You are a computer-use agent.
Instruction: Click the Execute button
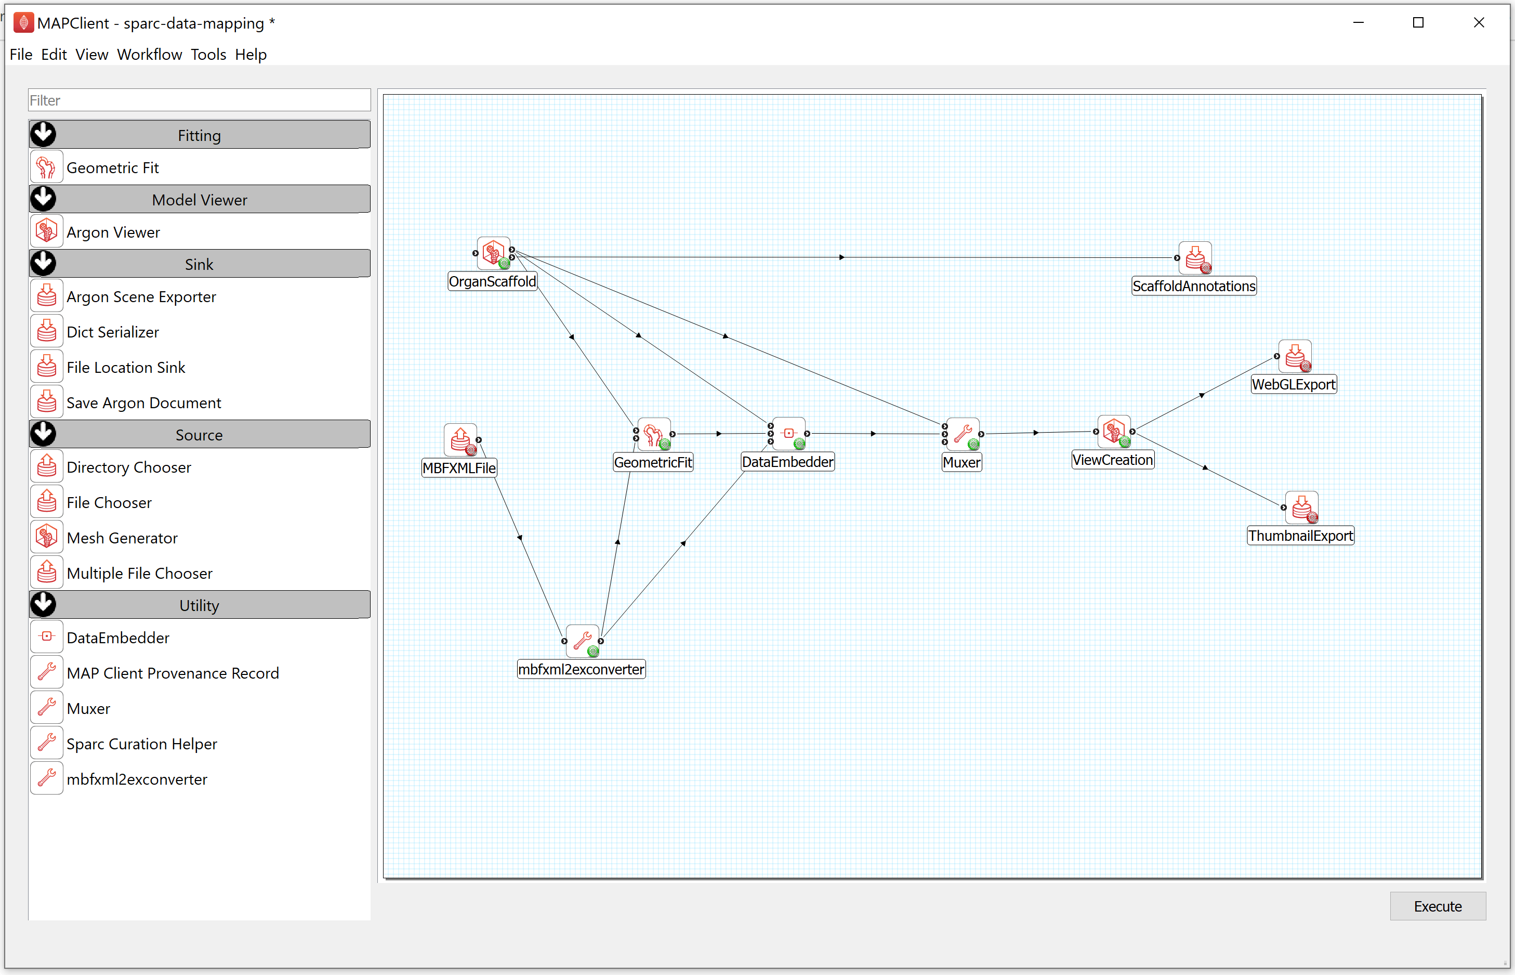(1437, 906)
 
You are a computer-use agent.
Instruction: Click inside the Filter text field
(200, 100)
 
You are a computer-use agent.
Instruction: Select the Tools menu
(208, 55)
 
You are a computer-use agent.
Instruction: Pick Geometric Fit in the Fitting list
(113, 168)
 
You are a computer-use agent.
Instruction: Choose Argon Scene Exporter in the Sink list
(141, 297)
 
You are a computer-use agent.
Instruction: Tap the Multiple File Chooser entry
(139, 573)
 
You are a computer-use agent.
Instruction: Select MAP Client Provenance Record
(173, 673)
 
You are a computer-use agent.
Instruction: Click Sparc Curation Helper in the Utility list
(142, 744)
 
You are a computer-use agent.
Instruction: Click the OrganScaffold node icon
(494, 254)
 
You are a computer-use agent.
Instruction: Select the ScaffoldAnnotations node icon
(1195, 258)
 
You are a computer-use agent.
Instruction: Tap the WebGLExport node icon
(1294, 356)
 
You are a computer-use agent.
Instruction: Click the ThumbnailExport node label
(1300, 536)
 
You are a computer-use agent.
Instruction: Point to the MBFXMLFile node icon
(460, 440)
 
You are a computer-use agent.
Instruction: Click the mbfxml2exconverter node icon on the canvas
(583, 641)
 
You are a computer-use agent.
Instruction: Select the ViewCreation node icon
(1114, 432)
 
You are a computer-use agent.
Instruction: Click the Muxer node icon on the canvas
(963, 434)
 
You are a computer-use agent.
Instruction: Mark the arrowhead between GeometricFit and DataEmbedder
(719, 434)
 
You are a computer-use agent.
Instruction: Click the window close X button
(1479, 23)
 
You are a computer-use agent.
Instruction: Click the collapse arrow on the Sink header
(44, 263)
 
